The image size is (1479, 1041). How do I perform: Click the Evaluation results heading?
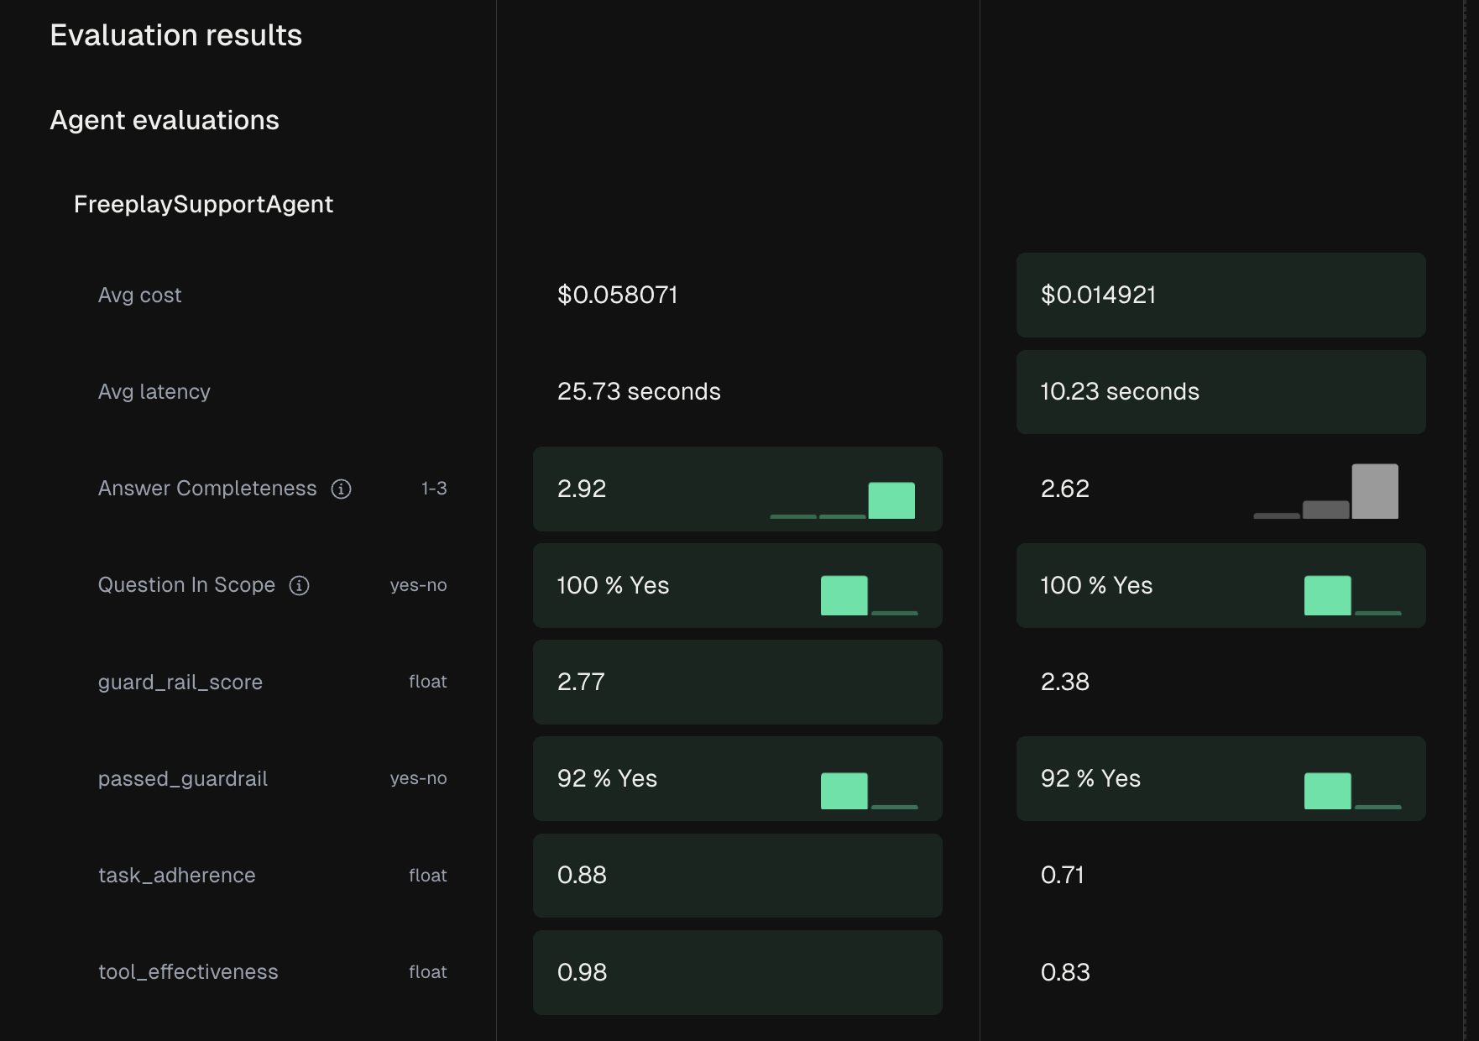[x=175, y=35]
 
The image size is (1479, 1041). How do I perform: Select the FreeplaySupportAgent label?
[x=203, y=204]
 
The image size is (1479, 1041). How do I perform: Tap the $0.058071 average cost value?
[x=617, y=295]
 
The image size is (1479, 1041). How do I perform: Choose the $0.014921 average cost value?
[x=1098, y=295]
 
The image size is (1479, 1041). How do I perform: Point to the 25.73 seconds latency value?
[x=639, y=391]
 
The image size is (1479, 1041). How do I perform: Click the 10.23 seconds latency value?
[x=1120, y=391]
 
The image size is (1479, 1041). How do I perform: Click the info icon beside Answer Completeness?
[x=341, y=489]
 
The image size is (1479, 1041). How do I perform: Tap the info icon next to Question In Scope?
[x=300, y=585]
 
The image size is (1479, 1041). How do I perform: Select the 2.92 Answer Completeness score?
[x=582, y=489]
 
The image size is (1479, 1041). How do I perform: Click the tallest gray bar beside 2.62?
[x=1375, y=491]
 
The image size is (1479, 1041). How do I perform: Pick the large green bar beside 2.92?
[x=891, y=500]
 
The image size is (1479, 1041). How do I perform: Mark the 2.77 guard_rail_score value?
[x=581, y=682]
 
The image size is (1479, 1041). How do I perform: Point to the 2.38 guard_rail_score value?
[x=1065, y=682]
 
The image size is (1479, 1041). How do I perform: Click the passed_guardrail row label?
[x=183, y=779]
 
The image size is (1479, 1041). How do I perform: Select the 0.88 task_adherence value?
[x=582, y=875]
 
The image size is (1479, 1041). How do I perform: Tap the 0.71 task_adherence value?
[x=1063, y=875]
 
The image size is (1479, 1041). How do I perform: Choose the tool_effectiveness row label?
[x=188, y=972]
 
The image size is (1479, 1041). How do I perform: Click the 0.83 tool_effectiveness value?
[x=1065, y=972]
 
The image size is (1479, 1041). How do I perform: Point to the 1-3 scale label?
[x=434, y=489]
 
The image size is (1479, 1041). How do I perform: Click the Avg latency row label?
[x=154, y=392]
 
